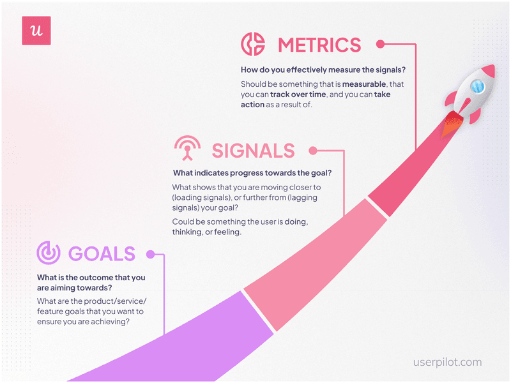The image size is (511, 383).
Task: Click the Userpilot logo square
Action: pos(36,31)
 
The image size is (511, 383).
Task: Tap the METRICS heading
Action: pos(319,45)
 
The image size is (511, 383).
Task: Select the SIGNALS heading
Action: pos(254,151)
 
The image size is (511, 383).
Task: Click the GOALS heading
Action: pos(102,253)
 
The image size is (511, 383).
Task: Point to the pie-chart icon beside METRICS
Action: pos(253,45)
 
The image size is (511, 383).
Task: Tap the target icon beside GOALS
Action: pos(48,253)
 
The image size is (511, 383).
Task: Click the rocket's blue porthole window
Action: pos(476,86)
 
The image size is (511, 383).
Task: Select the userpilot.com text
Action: pos(447,362)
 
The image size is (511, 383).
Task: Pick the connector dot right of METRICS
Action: pos(380,45)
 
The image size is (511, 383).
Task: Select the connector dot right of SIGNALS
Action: pos(312,151)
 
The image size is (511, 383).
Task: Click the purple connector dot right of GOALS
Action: pos(151,253)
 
